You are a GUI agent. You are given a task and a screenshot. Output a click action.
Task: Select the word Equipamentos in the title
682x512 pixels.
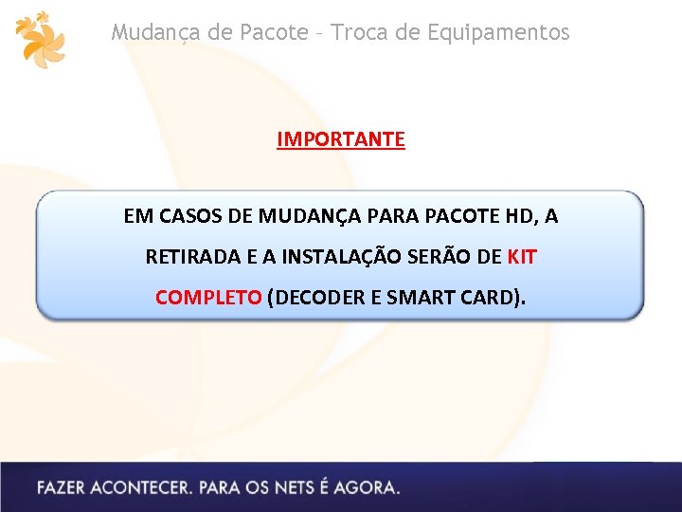tap(498, 32)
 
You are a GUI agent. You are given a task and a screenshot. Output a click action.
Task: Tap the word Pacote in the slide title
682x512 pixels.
tap(273, 32)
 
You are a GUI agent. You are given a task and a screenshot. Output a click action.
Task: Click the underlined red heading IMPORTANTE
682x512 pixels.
tap(341, 139)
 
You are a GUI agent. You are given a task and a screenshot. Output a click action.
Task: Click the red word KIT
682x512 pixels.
tap(522, 257)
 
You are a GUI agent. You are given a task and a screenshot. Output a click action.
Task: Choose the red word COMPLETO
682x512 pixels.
tap(208, 297)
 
